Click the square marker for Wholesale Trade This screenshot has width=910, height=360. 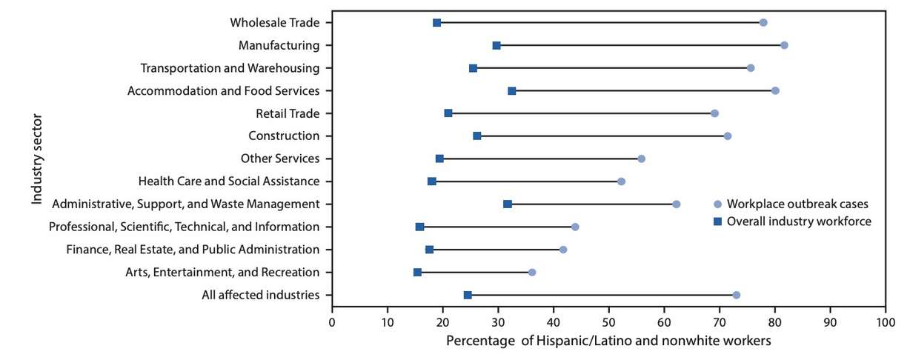(436, 23)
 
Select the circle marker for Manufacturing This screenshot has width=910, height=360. (784, 45)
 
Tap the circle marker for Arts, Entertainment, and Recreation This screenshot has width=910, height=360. (531, 273)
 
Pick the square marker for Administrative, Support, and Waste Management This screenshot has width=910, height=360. (508, 204)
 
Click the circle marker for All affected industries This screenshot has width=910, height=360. (736, 295)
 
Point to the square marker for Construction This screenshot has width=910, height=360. (476, 136)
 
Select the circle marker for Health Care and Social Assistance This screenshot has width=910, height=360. (621, 181)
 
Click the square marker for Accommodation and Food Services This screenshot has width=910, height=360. (512, 90)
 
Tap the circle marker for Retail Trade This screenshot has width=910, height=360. (714, 113)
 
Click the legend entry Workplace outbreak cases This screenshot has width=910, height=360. (789, 204)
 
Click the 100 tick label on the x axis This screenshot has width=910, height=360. (885, 323)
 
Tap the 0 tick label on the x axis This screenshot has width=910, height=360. (332, 323)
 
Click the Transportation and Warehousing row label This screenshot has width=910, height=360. (230, 68)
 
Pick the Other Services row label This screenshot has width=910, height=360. (280, 159)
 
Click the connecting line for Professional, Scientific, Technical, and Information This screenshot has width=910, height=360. (496, 227)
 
